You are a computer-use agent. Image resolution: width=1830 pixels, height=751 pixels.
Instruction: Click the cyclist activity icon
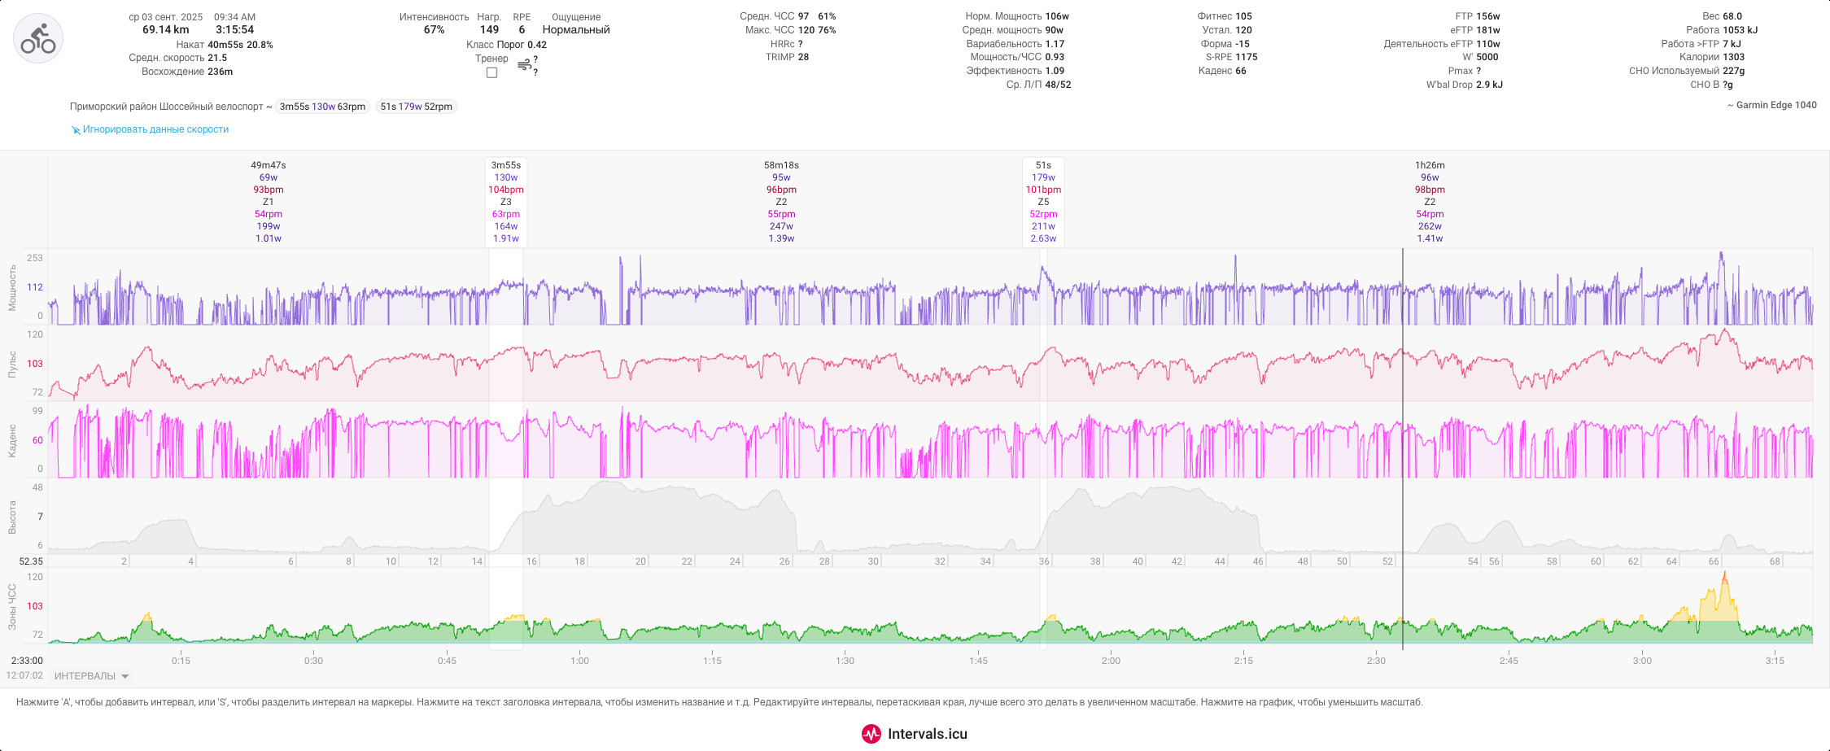(38, 38)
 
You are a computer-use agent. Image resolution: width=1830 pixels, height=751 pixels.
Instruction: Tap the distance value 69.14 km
(165, 30)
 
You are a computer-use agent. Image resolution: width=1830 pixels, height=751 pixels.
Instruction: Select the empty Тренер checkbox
(491, 72)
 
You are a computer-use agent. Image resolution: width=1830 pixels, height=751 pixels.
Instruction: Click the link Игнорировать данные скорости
(155, 129)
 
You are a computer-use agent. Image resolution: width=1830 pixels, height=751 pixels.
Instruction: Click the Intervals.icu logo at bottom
(915, 734)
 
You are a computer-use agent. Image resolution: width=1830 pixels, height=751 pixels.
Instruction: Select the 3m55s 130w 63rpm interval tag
(322, 107)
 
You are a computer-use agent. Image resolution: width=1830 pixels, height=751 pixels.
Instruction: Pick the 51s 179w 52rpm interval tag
(416, 107)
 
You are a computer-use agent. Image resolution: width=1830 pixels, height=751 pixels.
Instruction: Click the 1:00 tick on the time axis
(579, 661)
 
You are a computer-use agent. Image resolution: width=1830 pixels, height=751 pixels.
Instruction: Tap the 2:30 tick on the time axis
(1376, 661)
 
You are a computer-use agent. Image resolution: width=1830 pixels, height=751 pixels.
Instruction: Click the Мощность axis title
(12, 287)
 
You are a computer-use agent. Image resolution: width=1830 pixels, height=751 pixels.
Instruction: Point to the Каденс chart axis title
(12, 440)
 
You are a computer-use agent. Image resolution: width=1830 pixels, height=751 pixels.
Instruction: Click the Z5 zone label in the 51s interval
(1043, 202)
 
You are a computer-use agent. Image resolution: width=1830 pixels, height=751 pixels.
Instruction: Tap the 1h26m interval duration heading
(1430, 165)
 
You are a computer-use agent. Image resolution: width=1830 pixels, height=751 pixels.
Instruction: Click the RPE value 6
(522, 30)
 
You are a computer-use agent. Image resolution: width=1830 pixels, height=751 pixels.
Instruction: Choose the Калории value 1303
(1733, 57)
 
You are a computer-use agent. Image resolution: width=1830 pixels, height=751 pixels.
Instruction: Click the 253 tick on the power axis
(35, 258)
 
